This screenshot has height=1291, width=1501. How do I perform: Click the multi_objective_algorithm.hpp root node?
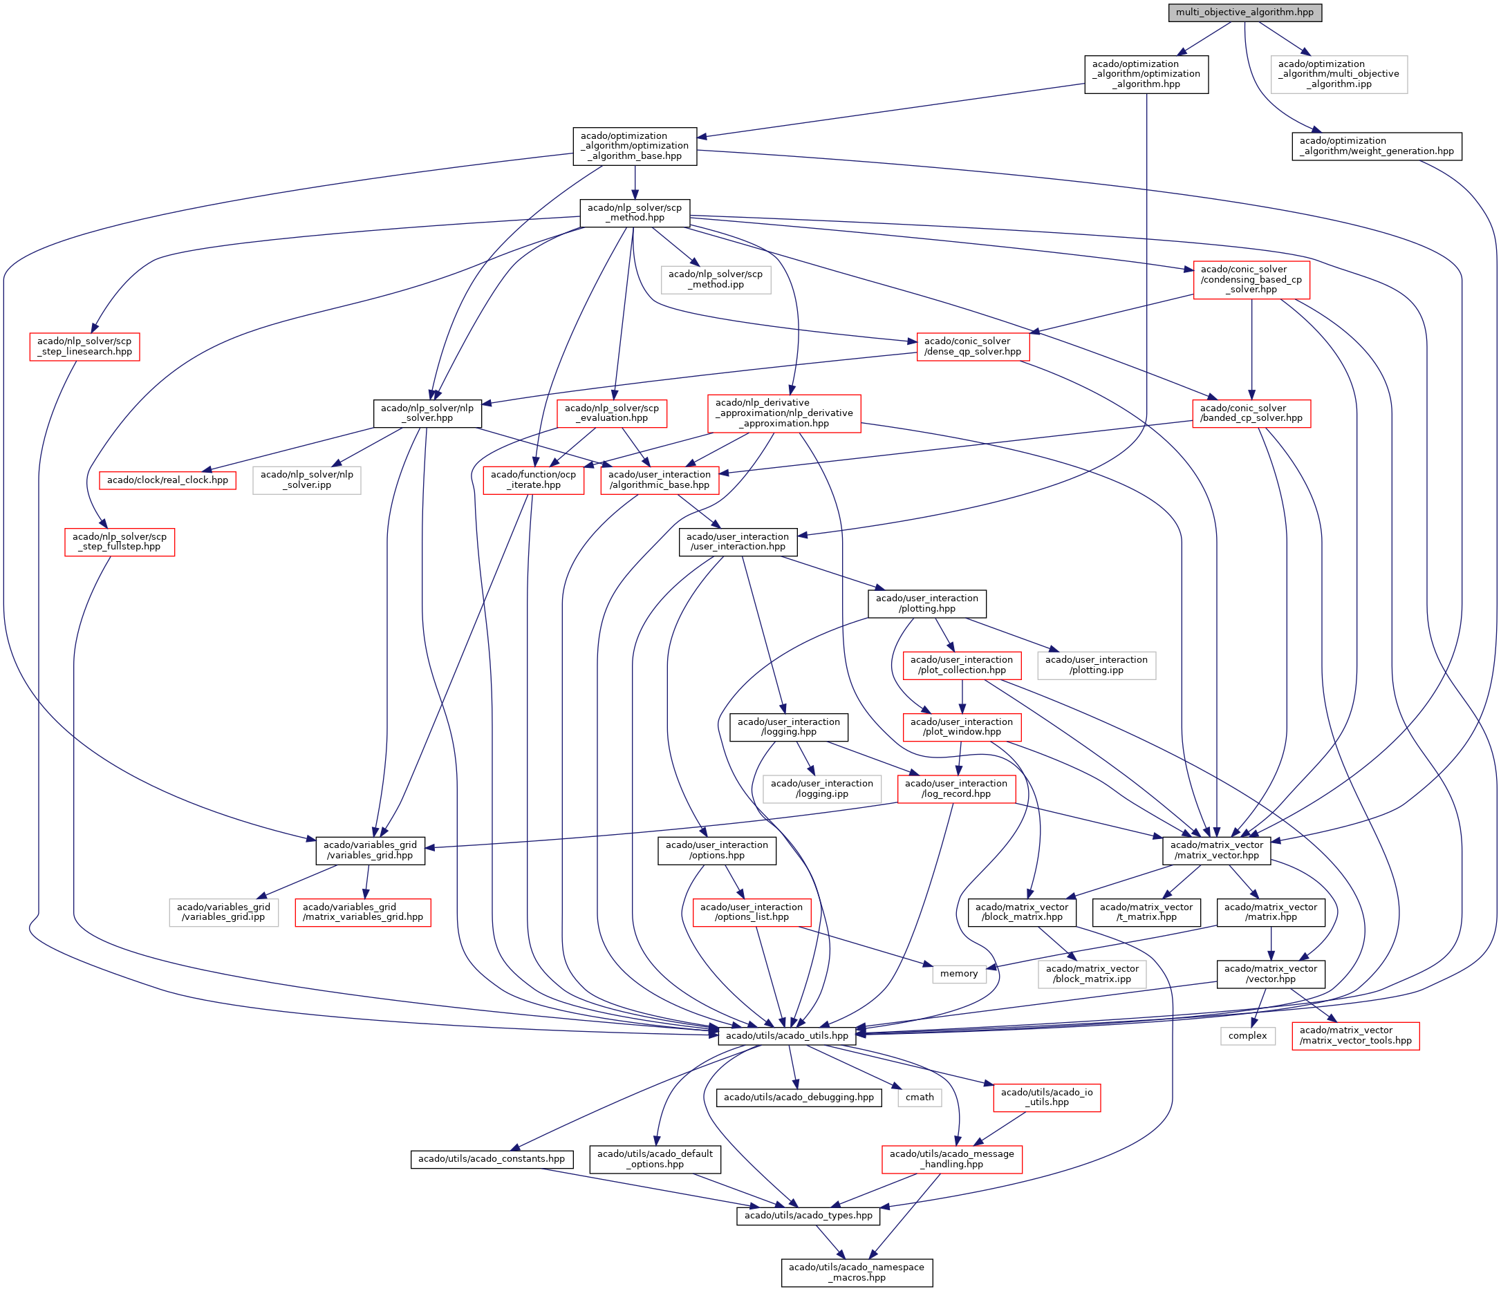[1244, 12]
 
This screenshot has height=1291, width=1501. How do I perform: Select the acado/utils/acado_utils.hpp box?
[787, 1035]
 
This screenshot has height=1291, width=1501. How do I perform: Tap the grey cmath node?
[920, 1097]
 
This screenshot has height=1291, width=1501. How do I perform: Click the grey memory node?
[958, 973]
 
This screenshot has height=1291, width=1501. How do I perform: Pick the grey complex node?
[1247, 1035]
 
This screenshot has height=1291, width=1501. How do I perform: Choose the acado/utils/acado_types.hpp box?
[808, 1215]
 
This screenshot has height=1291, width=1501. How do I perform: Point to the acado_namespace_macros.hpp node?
[856, 1272]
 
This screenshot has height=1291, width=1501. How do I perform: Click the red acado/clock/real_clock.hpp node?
[167, 480]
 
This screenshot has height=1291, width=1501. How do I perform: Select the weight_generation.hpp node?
[1377, 147]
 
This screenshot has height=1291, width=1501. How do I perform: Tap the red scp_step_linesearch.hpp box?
[85, 346]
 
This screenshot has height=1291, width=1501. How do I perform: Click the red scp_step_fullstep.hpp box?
[120, 542]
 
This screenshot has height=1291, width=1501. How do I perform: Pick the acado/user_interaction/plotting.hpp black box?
[926, 603]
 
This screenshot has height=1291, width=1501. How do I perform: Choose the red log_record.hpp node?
[955, 789]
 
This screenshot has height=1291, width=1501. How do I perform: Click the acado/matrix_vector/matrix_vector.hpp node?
[1216, 850]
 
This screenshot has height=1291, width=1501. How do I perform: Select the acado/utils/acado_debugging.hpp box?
[799, 1097]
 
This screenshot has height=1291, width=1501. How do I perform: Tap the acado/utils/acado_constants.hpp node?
[491, 1158]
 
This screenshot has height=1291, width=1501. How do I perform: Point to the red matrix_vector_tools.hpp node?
[1355, 1035]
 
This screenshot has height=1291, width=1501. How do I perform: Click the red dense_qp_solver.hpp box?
[972, 346]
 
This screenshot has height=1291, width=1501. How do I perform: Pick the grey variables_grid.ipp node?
[223, 912]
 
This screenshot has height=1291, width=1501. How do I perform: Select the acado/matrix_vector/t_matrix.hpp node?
[1146, 912]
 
